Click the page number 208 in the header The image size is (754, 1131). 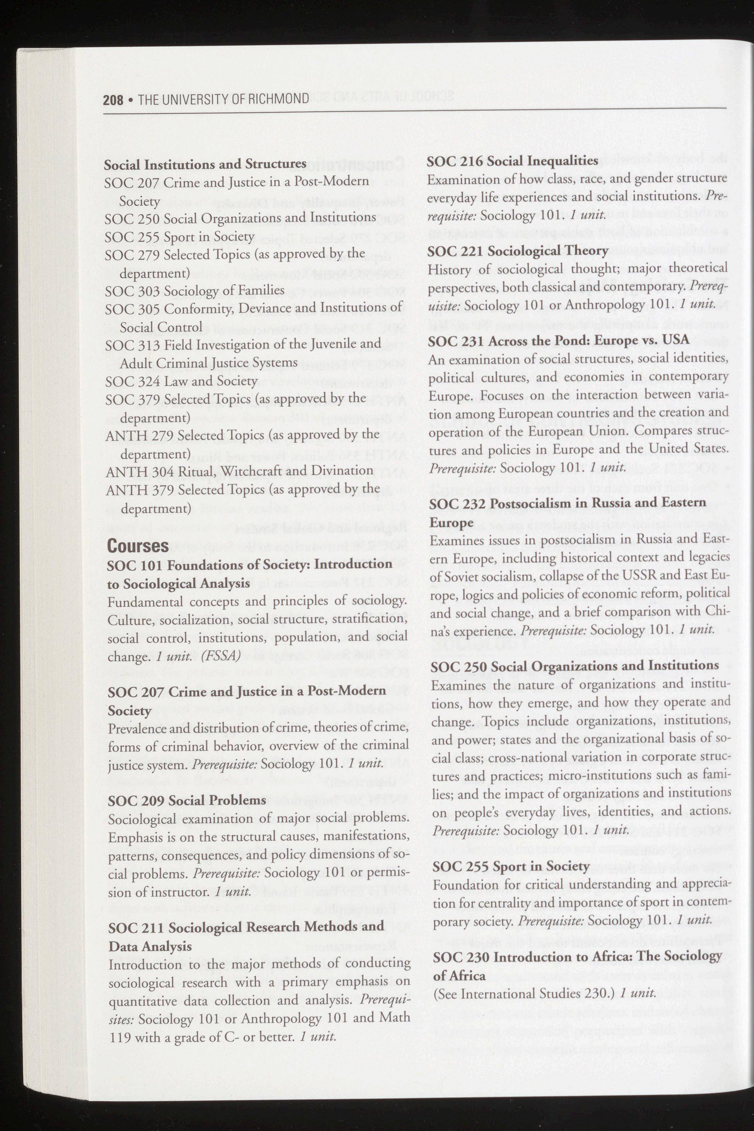(x=113, y=99)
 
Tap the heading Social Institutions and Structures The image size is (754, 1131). (x=205, y=164)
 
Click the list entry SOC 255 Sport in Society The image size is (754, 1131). (x=180, y=237)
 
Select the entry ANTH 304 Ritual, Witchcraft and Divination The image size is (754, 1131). (x=239, y=471)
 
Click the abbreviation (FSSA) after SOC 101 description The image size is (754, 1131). (x=221, y=657)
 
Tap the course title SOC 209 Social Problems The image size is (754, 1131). (x=187, y=801)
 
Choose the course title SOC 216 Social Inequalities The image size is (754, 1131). (x=513, y=161)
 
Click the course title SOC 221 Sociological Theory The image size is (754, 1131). (x=518, y=251)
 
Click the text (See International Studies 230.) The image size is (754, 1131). (x=524, y=979)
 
